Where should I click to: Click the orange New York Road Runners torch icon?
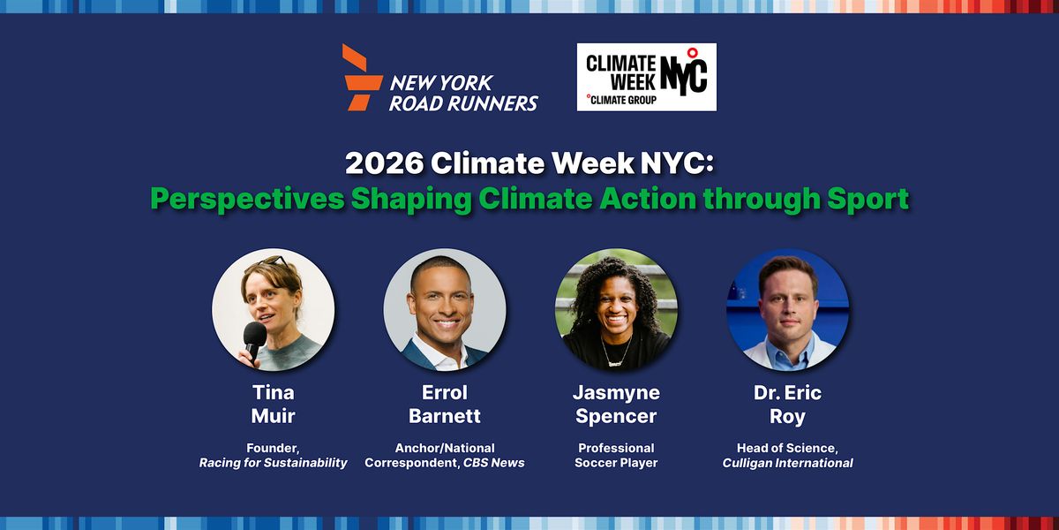tap(362, 78)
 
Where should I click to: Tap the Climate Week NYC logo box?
tap(646, 77)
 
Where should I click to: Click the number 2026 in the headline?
tap(384, 163)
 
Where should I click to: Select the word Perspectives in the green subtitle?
tap(247, 200)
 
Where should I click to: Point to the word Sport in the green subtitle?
tap(867, 200)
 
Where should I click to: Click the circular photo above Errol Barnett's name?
tap(445, 309)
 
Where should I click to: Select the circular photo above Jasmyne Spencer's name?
tap(616, 309)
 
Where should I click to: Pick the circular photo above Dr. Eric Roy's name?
tap(787, 309)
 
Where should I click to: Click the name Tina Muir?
tap(274, 405)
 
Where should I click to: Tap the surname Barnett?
tap(445, 416)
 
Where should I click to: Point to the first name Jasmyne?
tap(616, 394)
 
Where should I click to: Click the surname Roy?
tap(787, 417)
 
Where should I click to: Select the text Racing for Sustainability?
tap(274, 463)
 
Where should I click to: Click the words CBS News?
tap(494, 463)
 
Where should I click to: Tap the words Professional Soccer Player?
tap(616, 455)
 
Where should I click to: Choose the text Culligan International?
tap(787, 463)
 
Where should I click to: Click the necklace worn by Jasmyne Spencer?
tap(616, 352)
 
